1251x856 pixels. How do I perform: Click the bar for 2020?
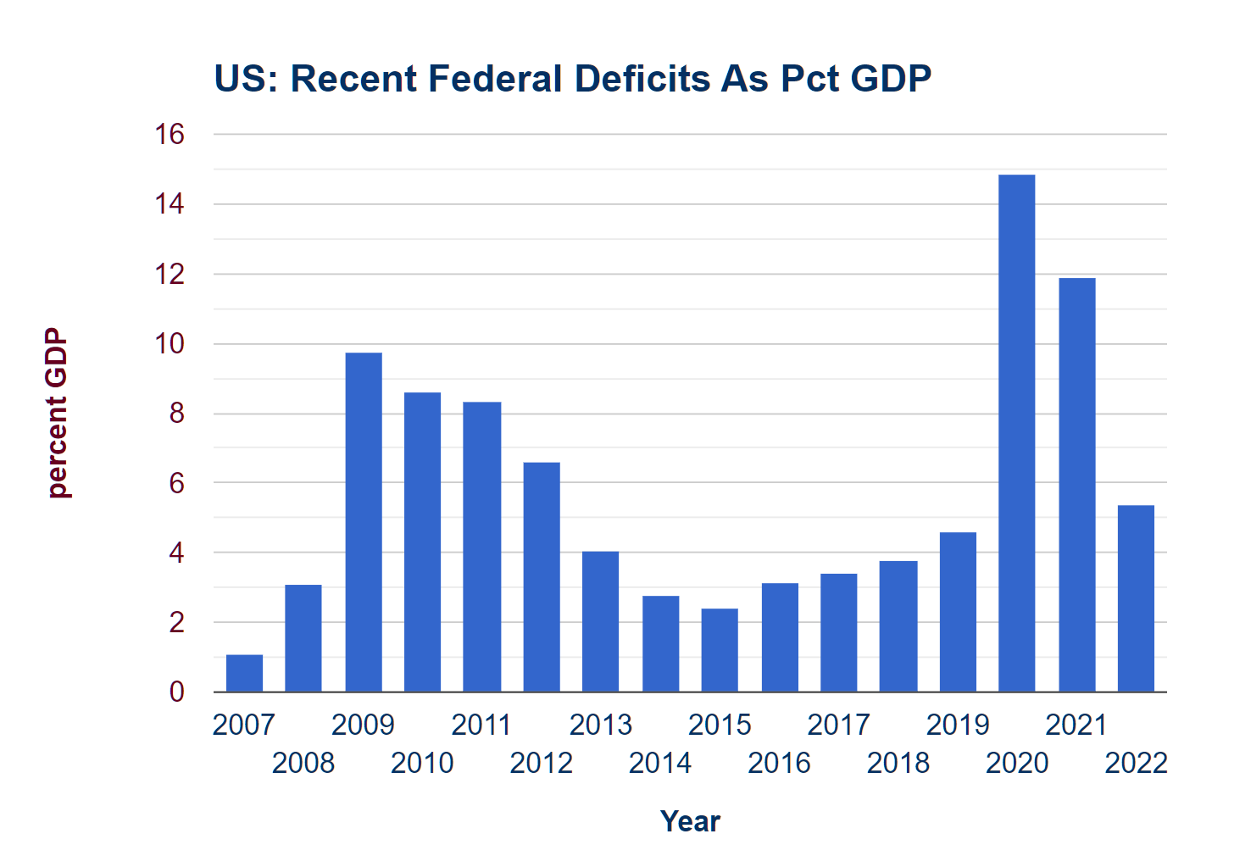tap(1016, 433)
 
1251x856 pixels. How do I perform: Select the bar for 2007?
tap(244, 673)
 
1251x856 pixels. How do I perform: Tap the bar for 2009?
tap(364, 522)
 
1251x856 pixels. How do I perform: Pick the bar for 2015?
tap(720, 650)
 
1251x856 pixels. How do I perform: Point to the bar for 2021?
tap(1076, 485)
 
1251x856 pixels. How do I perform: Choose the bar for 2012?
tap(542, 577)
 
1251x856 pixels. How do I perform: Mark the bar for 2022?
tap(1136, 598)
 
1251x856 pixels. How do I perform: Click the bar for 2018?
tap(898, 626)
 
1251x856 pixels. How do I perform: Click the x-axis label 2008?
tap(303, 764)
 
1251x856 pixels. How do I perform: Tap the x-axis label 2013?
tap(601, 725)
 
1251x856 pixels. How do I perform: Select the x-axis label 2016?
tap(779, 764)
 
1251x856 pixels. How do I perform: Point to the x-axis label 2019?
tap(958, 725)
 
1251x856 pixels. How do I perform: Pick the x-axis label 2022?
tap(1136, 764)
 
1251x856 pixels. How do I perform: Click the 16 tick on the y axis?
tap(170, 134)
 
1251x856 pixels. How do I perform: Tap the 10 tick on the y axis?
tap(170, 344)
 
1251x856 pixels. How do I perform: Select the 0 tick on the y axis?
tap(176, 692)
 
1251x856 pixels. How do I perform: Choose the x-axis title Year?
tap(690, 821)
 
